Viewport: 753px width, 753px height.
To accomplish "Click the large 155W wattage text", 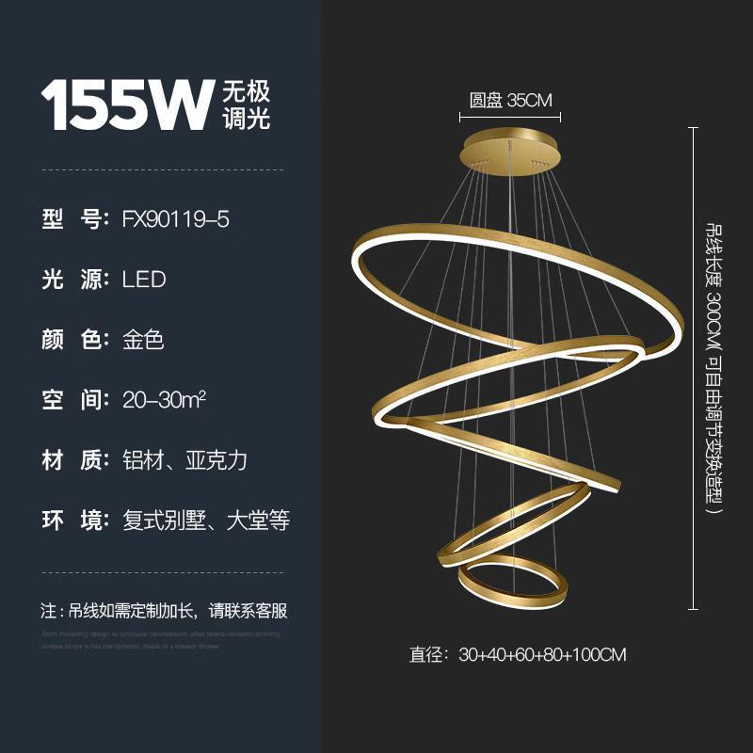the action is tap(125, 104).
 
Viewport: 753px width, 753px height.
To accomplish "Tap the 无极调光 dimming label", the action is tap(247, 104).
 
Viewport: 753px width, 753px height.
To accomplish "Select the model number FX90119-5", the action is tap(176, 219).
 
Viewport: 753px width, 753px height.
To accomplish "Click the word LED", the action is tap(144, 280).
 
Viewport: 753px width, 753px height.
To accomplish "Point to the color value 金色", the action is tap(144, 340).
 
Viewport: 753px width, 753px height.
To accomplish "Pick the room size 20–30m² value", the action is tap(165, 399).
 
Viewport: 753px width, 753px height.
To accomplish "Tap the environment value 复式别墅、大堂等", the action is tap(206, 521).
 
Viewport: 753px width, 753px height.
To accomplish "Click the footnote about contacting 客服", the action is tap(165, 610).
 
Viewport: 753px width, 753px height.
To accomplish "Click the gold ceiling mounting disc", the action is tap(509, 154).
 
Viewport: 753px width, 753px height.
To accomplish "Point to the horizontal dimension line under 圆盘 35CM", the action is tap(510, 118).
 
